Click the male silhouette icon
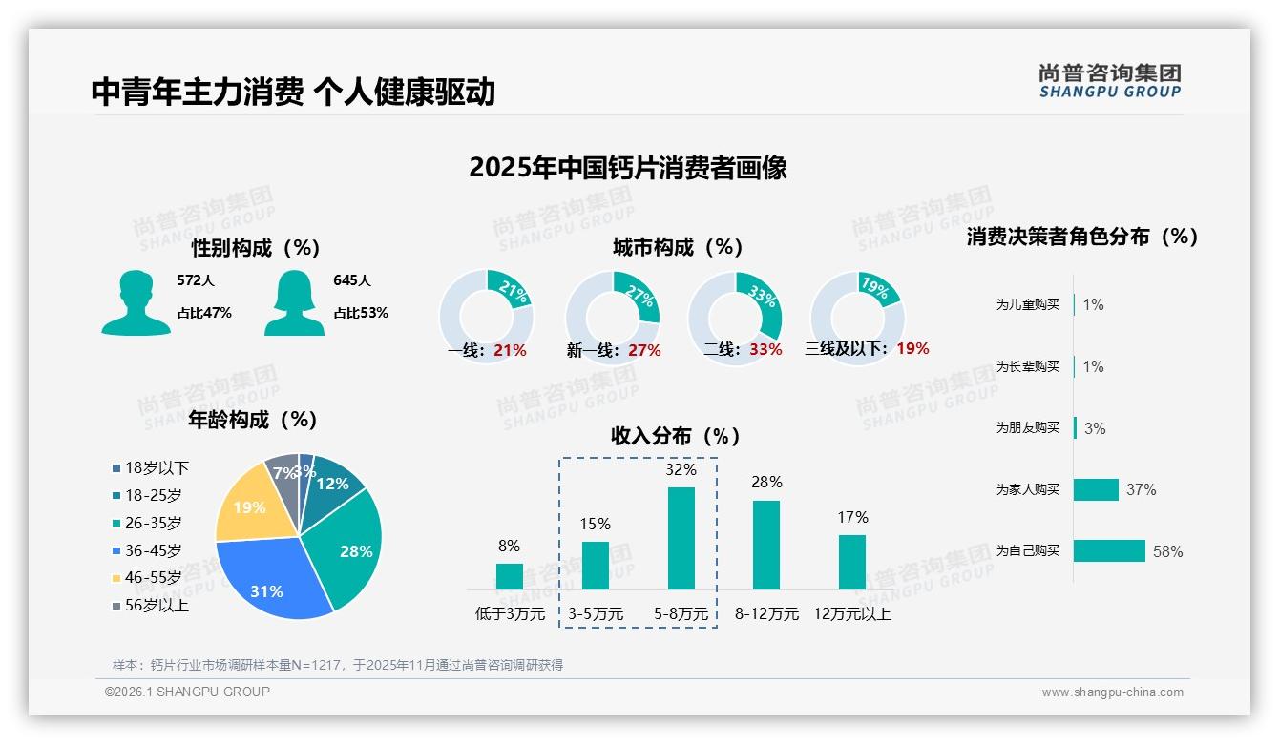[136, 303]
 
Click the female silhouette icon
[295, 303]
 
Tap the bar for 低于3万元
[510, 576]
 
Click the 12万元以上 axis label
[851, 614]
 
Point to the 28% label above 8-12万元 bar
[766, 483]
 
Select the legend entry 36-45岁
[153, 550]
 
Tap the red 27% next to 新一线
[644, 350]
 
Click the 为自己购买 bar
[1109, 550]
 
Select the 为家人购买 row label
[1027, 489]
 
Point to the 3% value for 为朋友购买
[1095, 428]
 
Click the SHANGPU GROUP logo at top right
[1110, 81]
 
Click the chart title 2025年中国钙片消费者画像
[628, 168]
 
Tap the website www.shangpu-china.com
[1112, 692]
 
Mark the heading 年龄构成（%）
[253, 419]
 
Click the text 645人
[352, 280]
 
